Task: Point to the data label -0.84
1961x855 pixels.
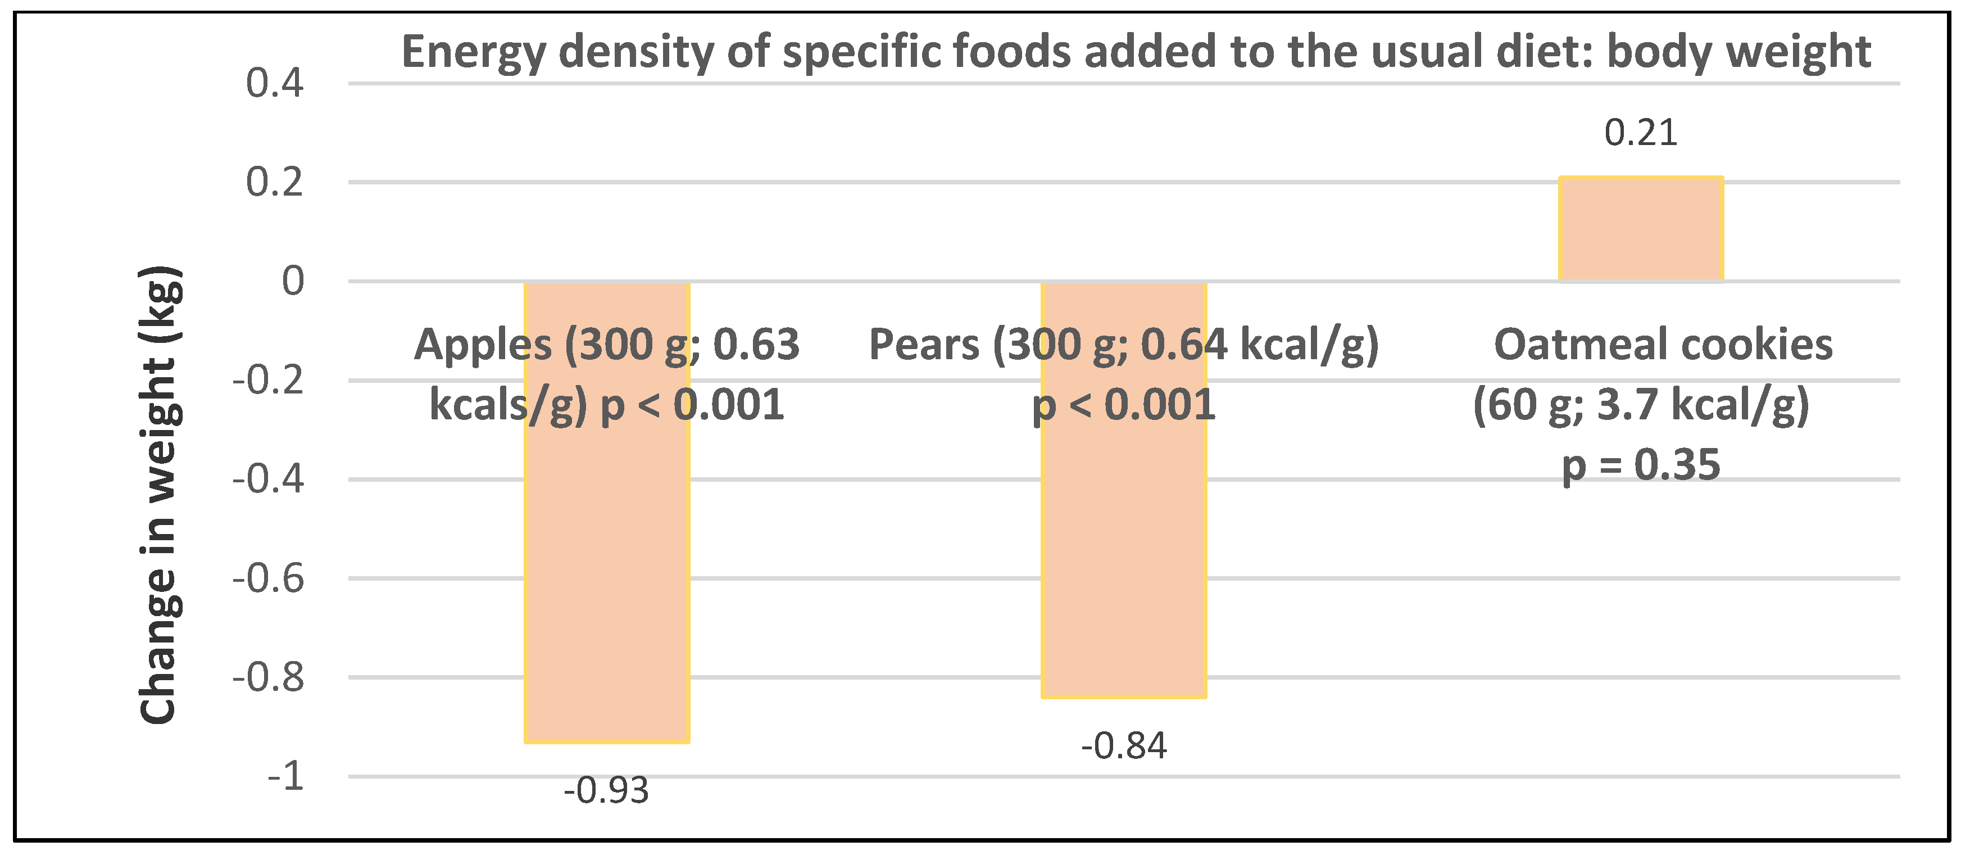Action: click(x=1124, y=746)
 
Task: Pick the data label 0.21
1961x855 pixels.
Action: click(x=1641, y=133)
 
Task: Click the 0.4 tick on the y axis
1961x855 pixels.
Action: click(x=274, y=83)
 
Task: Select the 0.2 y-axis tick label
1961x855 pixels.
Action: click(x=274, y=183)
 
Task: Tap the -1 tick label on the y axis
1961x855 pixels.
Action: click(x=285, y=776)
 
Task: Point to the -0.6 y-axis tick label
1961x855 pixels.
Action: click(x=268, y=578)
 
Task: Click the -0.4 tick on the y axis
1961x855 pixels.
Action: click(x=268, y=479)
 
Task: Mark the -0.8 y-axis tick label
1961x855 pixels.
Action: click(x=268, y=677)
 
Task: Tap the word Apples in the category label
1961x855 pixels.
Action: click(x=482, y=345)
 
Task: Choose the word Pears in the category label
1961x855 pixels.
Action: click(x=923, y=345)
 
